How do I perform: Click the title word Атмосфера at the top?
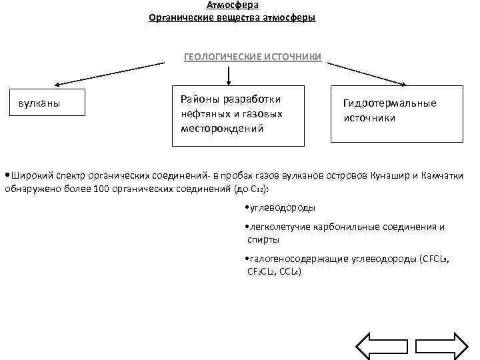point(233,5)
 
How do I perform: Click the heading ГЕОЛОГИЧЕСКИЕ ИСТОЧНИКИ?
point(253,57)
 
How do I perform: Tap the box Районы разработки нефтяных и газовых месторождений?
point(237,115)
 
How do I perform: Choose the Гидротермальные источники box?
point(397,113)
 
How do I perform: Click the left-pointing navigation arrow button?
point(377,346)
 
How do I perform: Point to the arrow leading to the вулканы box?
point(109,74)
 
